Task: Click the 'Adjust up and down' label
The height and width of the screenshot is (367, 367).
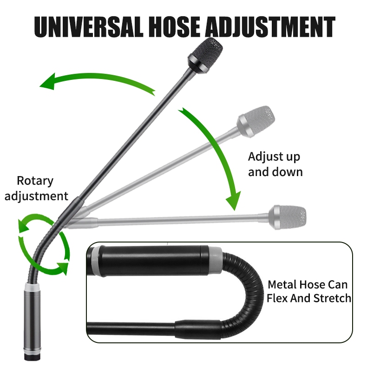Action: pos(275,164)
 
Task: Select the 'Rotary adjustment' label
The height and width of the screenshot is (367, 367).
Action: pos(42,188)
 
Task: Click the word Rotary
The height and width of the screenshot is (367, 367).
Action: pos(35,181)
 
